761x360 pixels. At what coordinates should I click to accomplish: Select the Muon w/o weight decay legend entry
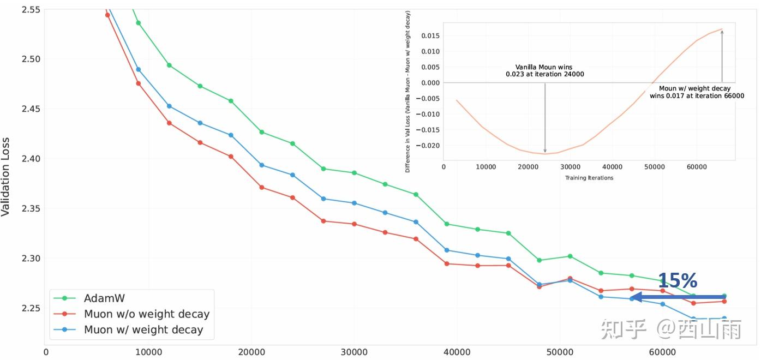coord(146,314)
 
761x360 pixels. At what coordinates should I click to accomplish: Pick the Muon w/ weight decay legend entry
coord(143,330)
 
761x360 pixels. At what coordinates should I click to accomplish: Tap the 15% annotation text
coord(677,281)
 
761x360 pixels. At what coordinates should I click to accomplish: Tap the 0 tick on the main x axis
coord(46,353)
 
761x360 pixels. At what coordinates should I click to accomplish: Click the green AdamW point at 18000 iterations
coord(231,101)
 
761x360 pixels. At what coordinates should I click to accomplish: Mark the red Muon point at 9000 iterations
coord(138,83)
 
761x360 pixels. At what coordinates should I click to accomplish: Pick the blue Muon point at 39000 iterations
coord(447,250)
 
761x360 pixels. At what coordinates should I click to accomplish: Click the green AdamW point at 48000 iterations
coord(540,260)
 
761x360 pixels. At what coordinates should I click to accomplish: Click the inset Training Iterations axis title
coord(589,178)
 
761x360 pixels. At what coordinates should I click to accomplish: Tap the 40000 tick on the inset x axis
coord(612,166)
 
